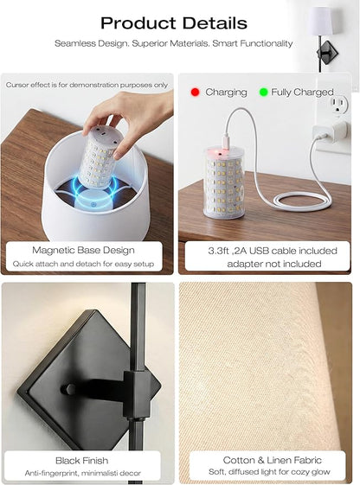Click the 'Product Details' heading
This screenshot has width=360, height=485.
coord(174,23)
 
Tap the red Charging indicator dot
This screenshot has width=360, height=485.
coord(195,92)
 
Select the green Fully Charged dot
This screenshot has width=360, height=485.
coord(263,92)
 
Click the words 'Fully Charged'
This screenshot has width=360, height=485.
coord(302,93)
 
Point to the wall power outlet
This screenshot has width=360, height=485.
coord(339,105)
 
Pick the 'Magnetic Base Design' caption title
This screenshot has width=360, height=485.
coord(83,250)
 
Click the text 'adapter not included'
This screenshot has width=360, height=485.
coord(274,264)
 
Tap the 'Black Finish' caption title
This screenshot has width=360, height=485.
coord(81,461)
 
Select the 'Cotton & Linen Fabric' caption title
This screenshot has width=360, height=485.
coord(272,460)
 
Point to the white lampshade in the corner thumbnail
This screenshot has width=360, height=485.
coord(321,21)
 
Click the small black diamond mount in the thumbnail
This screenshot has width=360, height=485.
coord(327,52)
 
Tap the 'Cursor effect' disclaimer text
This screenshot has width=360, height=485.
coord(87,85)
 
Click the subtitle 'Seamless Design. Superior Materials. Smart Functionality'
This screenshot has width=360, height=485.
coord(174,43)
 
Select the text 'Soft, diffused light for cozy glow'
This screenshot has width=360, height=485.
coord(269,472)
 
